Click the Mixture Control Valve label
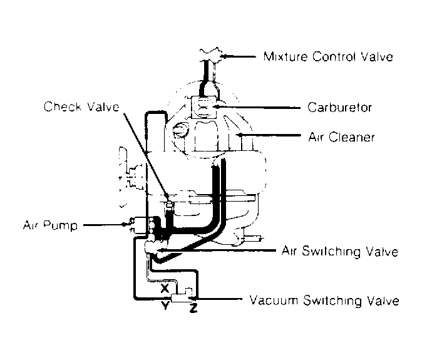[x=329, y=57]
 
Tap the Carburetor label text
[x=340, y=107]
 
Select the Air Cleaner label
[x=341, y=136]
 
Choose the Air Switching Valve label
[x=340, y=251]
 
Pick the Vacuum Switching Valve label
[x=324, y=301]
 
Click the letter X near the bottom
[x=165, y=288]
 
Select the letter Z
[x=193, y=308]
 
